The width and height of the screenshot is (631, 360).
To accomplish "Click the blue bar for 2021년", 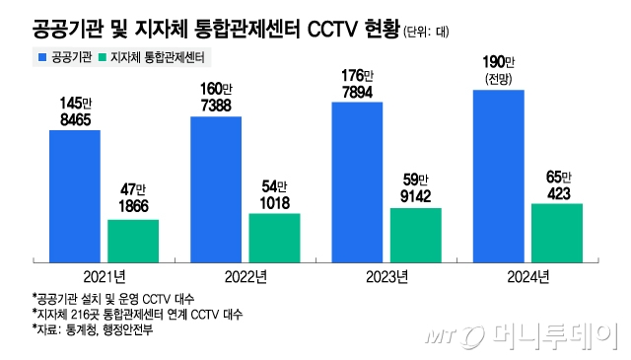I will [74, 195].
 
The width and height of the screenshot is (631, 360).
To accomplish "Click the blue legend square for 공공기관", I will [42, 58].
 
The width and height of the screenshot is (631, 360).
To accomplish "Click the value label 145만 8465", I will [75, 111].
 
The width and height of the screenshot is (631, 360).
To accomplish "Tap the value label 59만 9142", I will [415, 188].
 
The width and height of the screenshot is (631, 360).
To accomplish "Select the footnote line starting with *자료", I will [93, 328].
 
